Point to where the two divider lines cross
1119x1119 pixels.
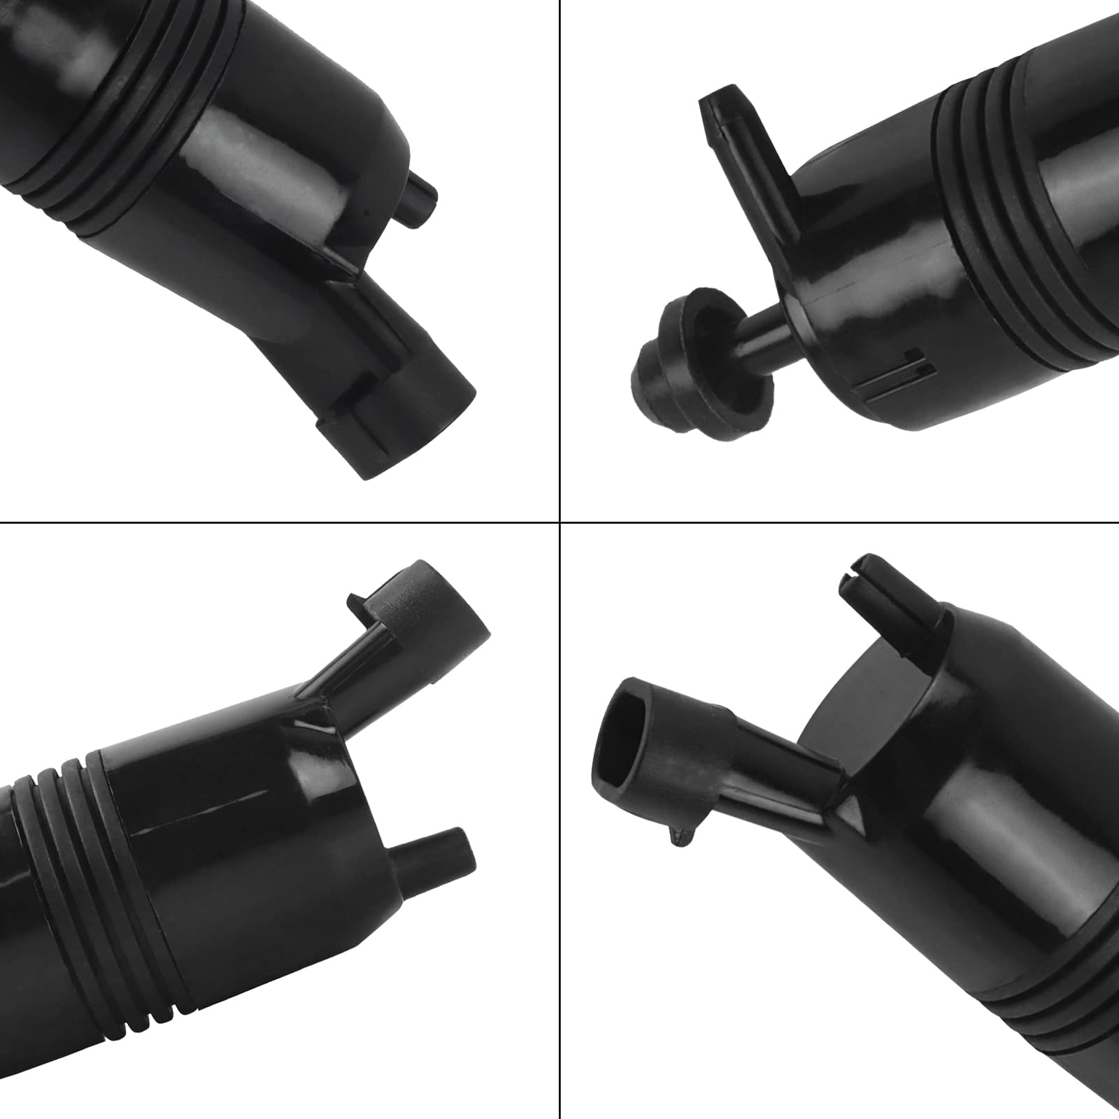pos(560,521)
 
